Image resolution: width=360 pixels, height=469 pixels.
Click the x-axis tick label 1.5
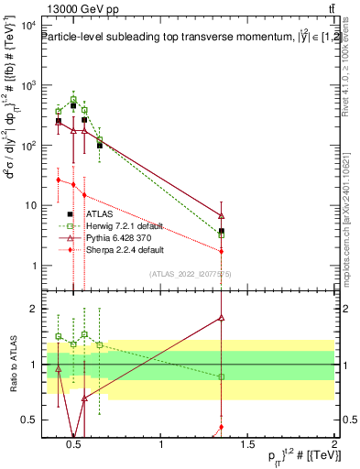247,446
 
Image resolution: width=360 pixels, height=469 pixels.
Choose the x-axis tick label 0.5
75,446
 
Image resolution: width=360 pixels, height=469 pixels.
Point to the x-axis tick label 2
333,446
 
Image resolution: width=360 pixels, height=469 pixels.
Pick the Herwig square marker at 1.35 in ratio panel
222,376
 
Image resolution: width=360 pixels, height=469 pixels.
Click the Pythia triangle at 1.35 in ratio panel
222,318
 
